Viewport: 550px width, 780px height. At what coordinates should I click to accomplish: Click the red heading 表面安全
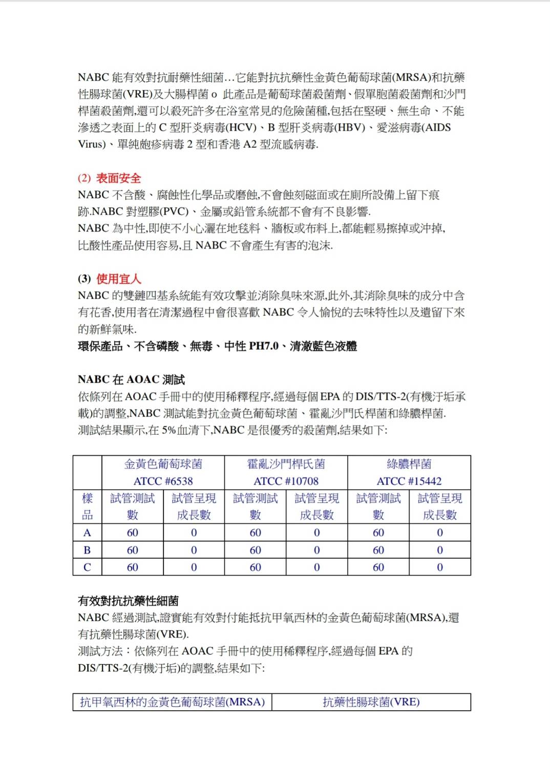click(118, 178)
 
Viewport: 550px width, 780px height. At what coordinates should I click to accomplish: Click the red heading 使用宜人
click(118, 279)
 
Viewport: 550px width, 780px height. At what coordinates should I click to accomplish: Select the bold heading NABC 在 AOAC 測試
click(131, 380)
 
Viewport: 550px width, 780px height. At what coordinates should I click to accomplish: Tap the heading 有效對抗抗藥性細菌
click(128, 601)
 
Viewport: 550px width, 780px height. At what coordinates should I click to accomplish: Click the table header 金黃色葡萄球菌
click(163, 464)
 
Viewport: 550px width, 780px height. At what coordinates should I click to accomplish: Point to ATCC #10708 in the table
click(286, 481)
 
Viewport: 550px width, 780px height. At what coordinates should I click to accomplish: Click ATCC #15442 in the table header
click(409, 481)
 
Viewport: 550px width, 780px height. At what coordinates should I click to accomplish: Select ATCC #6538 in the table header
click(163, 481)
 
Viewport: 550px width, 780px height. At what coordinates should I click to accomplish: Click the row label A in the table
click(87, 533)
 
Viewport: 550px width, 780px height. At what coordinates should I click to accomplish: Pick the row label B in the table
click(87, 550)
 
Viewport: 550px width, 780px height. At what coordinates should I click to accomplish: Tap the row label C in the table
click(87, 567)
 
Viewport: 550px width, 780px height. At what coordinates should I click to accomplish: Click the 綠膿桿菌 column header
click(409, 464)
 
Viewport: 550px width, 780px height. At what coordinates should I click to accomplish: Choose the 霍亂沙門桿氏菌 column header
click(286, 464)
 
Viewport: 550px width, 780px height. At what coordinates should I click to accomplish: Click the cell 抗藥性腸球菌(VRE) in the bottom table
click(371, 702)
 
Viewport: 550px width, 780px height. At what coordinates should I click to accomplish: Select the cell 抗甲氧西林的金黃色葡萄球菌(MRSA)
click(172, 702)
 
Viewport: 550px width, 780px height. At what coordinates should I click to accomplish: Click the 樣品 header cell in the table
click(87, 506)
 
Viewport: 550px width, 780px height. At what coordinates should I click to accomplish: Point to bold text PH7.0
click(263, 346)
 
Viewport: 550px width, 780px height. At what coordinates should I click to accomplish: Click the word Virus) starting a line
click(92, 144)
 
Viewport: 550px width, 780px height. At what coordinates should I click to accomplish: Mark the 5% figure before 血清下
click(168, 430)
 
